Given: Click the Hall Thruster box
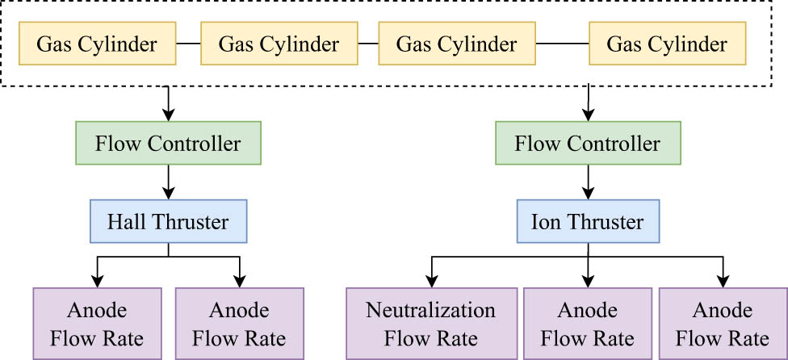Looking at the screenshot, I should coord(168,221).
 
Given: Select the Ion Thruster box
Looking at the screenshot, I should coord(588,221).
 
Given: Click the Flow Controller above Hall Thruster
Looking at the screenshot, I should coord(168,144).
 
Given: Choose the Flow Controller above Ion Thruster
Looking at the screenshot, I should coord(588,144).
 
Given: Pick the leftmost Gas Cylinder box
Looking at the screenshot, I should coord(97,44).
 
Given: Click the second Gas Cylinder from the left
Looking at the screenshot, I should coord(279,44).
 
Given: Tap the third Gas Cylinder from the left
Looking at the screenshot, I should coord(457,44).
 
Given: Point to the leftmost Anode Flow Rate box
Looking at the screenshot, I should coord(97,324).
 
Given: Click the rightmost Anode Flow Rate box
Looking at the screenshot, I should coord(723,324).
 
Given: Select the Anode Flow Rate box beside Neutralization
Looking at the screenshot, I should coord(587,324).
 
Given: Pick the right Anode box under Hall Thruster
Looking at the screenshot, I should coord(240,324).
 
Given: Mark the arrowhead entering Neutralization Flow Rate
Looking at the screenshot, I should coord(430,283).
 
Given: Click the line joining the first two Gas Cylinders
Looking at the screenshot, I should coord(189,44).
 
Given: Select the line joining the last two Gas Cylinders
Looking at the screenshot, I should coord(563,44).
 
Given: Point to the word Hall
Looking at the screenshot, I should coord(128,221).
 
